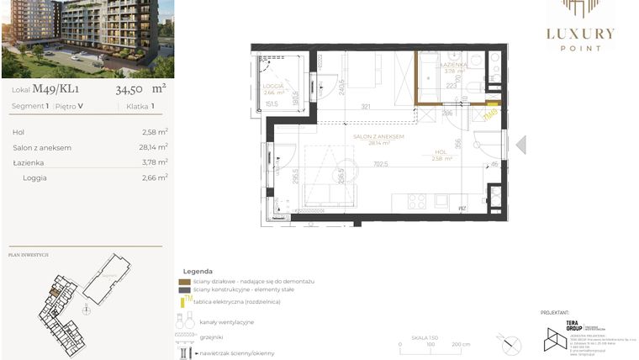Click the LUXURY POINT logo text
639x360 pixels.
click(x=580, y=35)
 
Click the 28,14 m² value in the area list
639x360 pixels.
click(x=155, y=147)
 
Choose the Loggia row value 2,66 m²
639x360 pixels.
click(x=155, y=177)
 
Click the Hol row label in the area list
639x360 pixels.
click(x=18, y=132)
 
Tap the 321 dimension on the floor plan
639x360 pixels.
click(x=366, y=107)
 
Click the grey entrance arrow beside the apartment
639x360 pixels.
click(x=520, y=145)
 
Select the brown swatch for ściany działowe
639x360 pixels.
click(x=185, y=281)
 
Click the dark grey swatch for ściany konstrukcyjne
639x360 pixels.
click(x=185, y=289)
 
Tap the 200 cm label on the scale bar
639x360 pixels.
click(x=460, y=345)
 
